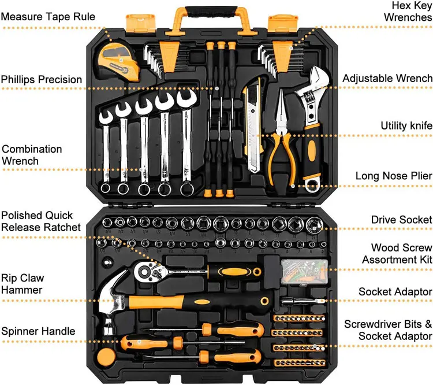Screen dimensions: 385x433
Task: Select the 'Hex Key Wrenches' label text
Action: coord(408,12)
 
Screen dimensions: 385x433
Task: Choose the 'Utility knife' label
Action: coord(406,125)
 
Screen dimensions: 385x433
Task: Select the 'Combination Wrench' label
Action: coord(31,155)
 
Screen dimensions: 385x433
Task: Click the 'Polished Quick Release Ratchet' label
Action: coord(41,221)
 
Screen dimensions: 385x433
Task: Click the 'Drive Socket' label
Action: coord(401,220)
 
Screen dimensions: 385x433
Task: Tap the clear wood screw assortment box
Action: coord(298,270)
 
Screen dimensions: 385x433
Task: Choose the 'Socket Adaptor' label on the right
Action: coord(395,292)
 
